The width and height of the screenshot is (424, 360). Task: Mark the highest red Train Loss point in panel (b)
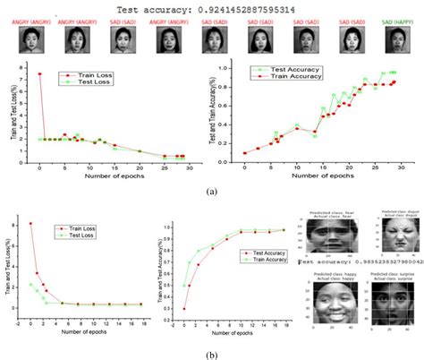[x=31, y=223]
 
